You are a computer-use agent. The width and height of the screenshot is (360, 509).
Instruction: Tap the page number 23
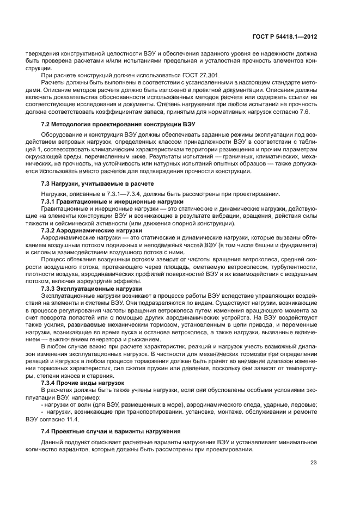[x=314, y=463]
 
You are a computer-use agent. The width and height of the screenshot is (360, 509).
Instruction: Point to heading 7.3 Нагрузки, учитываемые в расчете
[x=97, y=184]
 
